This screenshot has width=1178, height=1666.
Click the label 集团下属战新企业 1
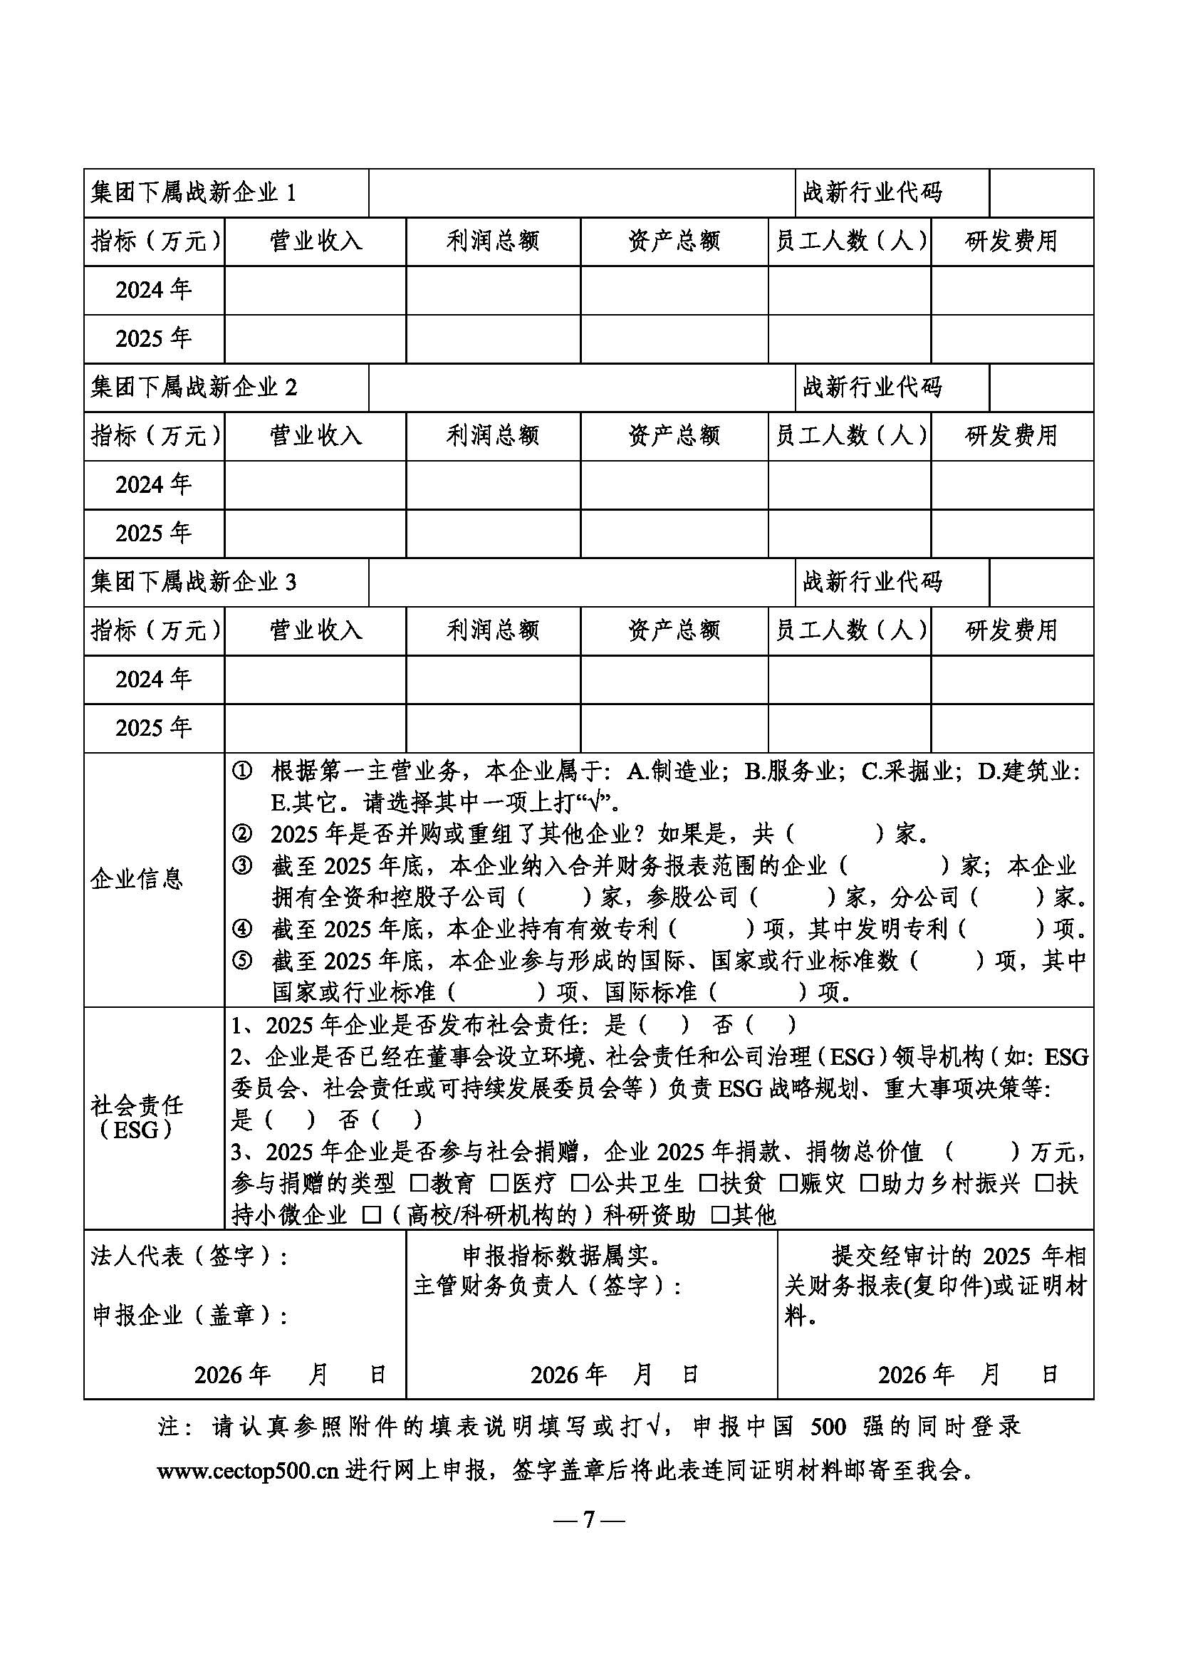(193, 193)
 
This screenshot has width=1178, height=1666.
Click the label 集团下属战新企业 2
(193, 387)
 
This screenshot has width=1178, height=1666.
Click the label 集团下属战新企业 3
(193, 582)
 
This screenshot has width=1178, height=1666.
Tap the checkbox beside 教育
(419, 1184)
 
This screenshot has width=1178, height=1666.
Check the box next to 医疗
(499, 1184)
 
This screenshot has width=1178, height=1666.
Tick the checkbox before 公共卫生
(579, 1184)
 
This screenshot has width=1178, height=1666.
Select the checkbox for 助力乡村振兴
(868, 1184)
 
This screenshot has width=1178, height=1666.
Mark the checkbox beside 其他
(719, 1214)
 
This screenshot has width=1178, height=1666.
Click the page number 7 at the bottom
(588, 1519)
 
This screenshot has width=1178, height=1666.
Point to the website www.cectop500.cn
(248, 1471)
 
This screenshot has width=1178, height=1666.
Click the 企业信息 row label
(136, 880)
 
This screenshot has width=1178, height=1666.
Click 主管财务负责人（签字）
(547, 1286)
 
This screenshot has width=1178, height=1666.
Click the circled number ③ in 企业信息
(241, 865)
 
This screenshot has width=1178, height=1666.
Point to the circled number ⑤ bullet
(241, 961)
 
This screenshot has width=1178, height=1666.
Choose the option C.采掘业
(907, 771)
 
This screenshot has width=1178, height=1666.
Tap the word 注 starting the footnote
(169, 1427)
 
